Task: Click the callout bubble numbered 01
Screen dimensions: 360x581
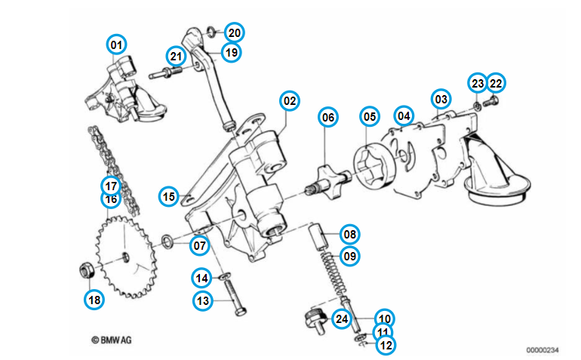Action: click(116, 45)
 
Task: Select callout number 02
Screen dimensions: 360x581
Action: click(290, 100)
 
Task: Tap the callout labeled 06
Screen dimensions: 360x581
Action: click(327, 117)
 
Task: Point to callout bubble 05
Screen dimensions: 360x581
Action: click(369, 117)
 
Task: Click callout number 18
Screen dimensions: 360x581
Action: click(94, 300)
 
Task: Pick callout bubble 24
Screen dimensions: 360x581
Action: click(342, 319)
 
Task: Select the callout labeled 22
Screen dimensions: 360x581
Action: click(496, 82)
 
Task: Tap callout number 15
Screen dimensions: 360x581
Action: click(169, 196)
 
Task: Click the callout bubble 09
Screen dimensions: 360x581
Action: click(349, 256)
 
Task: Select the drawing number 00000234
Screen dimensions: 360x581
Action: click(543, 349)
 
